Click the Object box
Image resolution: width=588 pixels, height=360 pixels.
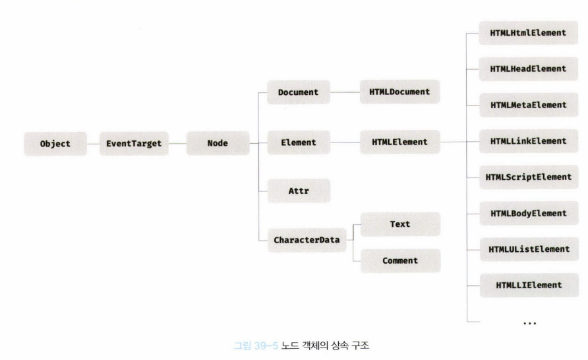[55, 142]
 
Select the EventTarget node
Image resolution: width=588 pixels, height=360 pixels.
[133, 142]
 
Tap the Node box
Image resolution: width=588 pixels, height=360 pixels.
[218, 142]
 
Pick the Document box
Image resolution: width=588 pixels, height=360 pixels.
[299, 93]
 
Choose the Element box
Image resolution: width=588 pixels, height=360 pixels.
[299, 142]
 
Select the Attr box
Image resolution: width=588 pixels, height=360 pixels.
[299, 191]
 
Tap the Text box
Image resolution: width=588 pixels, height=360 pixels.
[400, 224]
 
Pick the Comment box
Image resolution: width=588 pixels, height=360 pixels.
[400, 260]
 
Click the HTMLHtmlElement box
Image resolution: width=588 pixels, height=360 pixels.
[529, 33]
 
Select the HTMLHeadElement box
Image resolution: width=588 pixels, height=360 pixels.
[529, 69]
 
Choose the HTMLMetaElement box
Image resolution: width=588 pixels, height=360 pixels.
[529, 105]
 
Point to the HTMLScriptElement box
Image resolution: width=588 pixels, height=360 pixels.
[529, 177]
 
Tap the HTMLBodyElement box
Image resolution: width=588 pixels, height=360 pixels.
[529, 213]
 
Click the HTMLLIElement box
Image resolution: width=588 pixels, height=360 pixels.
[529, 285]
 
